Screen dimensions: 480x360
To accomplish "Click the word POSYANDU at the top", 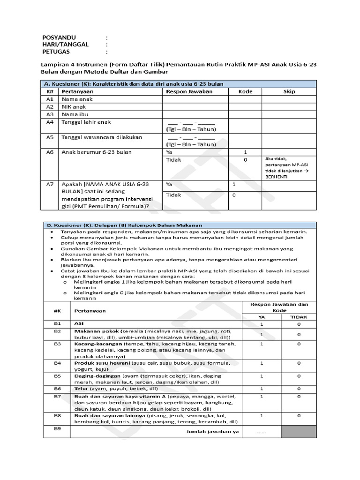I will click(59, 37).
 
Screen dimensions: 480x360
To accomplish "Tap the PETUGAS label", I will click(56, 52).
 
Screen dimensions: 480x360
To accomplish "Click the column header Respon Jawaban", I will click(189, 91).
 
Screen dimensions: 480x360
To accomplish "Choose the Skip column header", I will click(289, 91).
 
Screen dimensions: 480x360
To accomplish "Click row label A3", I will click(50, 114).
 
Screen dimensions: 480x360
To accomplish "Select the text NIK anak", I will click(75, 107).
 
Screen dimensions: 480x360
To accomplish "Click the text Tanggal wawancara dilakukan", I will click(101, 137).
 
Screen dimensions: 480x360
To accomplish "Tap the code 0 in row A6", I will click(245, 160).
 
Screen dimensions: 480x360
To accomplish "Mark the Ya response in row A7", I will click(170, 185).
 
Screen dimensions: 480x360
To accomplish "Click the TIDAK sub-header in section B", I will click(299, 317).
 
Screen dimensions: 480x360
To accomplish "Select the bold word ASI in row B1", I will click(79, 324).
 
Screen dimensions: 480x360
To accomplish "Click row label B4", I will click(57, 363).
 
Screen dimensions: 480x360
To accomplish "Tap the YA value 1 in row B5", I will click(262, 376).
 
